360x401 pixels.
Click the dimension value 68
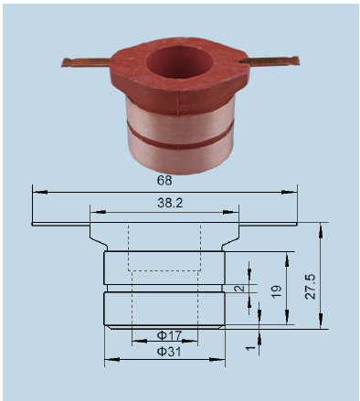tap(164, 180)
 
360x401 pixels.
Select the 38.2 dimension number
tap(170, 203)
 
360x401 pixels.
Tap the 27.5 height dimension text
tap(311, 287)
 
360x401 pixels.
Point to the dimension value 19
tap(276, 291)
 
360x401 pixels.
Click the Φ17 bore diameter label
tap(169, 335)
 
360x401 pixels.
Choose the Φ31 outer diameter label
tap(169, 352)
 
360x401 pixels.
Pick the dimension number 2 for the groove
tap(240, 288)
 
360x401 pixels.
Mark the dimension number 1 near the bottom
tap(250, 348)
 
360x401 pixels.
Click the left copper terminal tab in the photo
tap(86, 62)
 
